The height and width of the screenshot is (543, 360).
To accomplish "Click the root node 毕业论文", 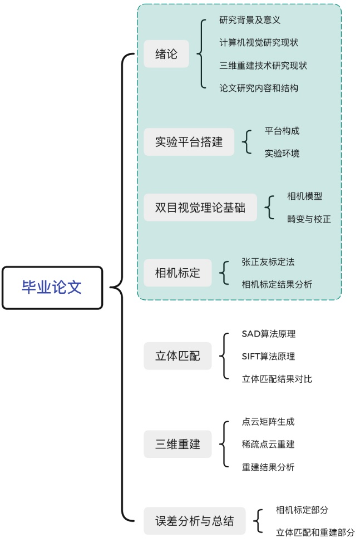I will pos(52,288).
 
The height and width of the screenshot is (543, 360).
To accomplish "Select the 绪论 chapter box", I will pos(166,55).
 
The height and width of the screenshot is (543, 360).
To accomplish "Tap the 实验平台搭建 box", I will pos(189,142).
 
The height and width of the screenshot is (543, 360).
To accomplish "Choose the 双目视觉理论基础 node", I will pos(200,208).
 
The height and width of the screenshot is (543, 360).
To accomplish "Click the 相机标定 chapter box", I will pos(177,273).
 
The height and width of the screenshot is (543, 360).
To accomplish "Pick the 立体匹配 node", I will pos(177,356).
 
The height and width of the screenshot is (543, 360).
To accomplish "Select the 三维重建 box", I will pos(177,444).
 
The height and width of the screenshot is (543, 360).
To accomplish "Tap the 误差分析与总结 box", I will pos(194,521).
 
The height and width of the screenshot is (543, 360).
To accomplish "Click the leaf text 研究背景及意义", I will pos(250,21).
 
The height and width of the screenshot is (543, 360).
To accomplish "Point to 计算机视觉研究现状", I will pos(258,43).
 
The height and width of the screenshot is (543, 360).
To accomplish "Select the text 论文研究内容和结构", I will pos(259,88).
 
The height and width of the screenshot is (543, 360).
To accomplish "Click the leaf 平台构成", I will pos(282,131).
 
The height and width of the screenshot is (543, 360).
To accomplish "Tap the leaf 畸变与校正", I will pos(309,219).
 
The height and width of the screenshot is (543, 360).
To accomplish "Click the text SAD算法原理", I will pos(268,334).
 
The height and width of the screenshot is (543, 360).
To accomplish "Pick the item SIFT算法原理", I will pos(268,356).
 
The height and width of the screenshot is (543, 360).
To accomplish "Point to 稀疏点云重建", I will pos(268,444).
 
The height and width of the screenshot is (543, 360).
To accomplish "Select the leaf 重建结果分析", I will pos(268,467).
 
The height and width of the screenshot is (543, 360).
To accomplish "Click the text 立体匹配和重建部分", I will pos(315,532).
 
